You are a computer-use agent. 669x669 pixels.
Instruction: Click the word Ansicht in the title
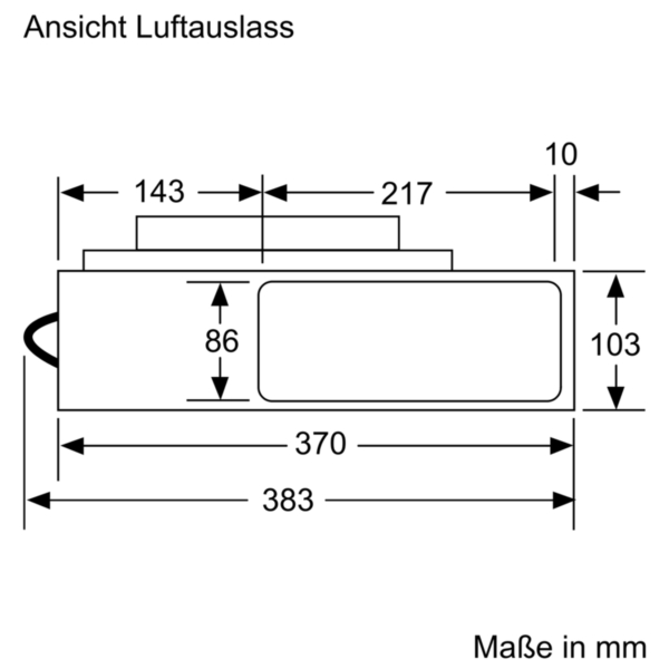point(75,27)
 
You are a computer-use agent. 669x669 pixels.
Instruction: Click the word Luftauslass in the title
point(215,27)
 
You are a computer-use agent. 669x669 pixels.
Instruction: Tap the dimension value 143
point(159,191)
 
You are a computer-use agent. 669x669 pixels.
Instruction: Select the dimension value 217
point(407,193)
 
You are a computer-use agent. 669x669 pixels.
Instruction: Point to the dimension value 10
point(561,154)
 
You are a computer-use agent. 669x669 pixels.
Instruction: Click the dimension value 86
point(221,341)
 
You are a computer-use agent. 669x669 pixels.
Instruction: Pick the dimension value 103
point(615,345)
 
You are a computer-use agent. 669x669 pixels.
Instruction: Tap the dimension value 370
point(321,443)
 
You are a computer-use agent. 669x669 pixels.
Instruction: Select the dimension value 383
point(288,500)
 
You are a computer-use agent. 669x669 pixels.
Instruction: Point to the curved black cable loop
point(41,339)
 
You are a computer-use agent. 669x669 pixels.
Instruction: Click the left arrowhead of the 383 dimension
point(38,500)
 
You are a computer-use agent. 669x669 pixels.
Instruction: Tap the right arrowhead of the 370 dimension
point(561,446)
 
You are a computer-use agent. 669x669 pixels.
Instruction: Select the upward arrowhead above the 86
point(220,295)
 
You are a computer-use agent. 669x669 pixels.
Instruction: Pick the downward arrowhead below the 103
point(616,398)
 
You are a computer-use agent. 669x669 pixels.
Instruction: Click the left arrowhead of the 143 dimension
point(72,193)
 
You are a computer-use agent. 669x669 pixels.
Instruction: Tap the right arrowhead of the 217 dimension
point(541,193)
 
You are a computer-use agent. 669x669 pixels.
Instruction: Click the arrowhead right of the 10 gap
point(588,192)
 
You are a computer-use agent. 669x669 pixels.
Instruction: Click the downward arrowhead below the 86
point(220,388)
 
